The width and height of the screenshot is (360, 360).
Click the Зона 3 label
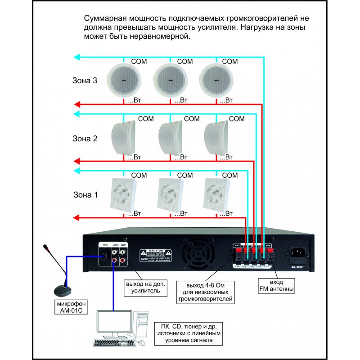point(85,81)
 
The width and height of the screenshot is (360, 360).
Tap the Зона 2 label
point(85,139)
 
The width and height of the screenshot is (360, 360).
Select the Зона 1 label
point(85,195)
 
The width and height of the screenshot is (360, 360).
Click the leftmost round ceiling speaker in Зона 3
point(124,80)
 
